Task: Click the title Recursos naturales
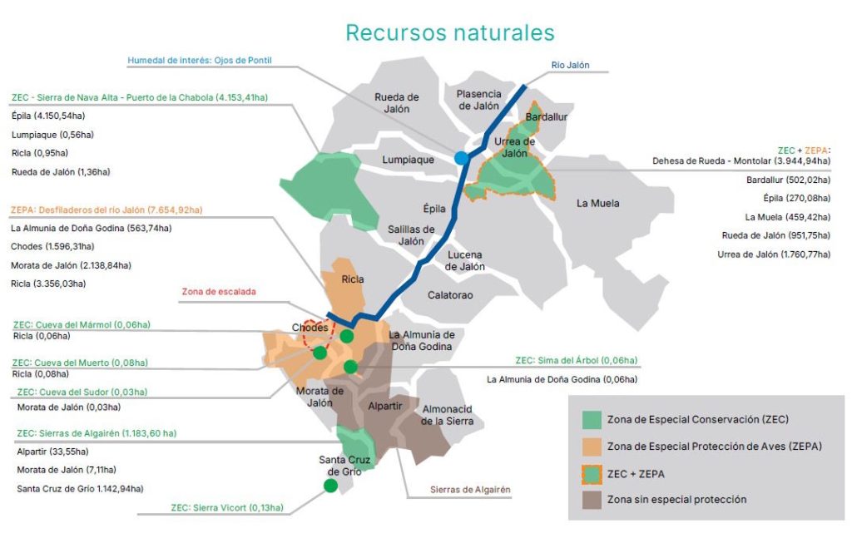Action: pyautogui.click(x=450, y=32)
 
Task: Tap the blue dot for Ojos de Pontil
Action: pyautogui.click(x=461, y=158)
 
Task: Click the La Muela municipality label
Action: pyautogui.click(x=597, y=203)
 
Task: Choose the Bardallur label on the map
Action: pyautogui.click(x=546, y=117)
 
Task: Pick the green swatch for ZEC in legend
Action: pyautogui.click(x=591, y=418)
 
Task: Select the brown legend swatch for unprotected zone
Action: pyautogui.click(x=591, y=499)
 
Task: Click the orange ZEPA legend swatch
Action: pyautogui.click(x=591, y=446)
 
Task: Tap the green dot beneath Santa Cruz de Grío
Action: pyautogui.click(x=330, y=486)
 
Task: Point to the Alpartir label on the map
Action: pyautogui.click(x=384, y=407)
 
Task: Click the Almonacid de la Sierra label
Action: pyautogui.click(x=448, y=415)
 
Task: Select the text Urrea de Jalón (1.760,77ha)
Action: pyautogui.click(x=773, y=254)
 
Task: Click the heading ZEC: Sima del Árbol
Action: pyautogui.click(x=576, y=361)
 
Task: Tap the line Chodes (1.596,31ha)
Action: pyautogui.click(x=52, y=246)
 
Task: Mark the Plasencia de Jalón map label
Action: pyautogui.click(x=478, y=100)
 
